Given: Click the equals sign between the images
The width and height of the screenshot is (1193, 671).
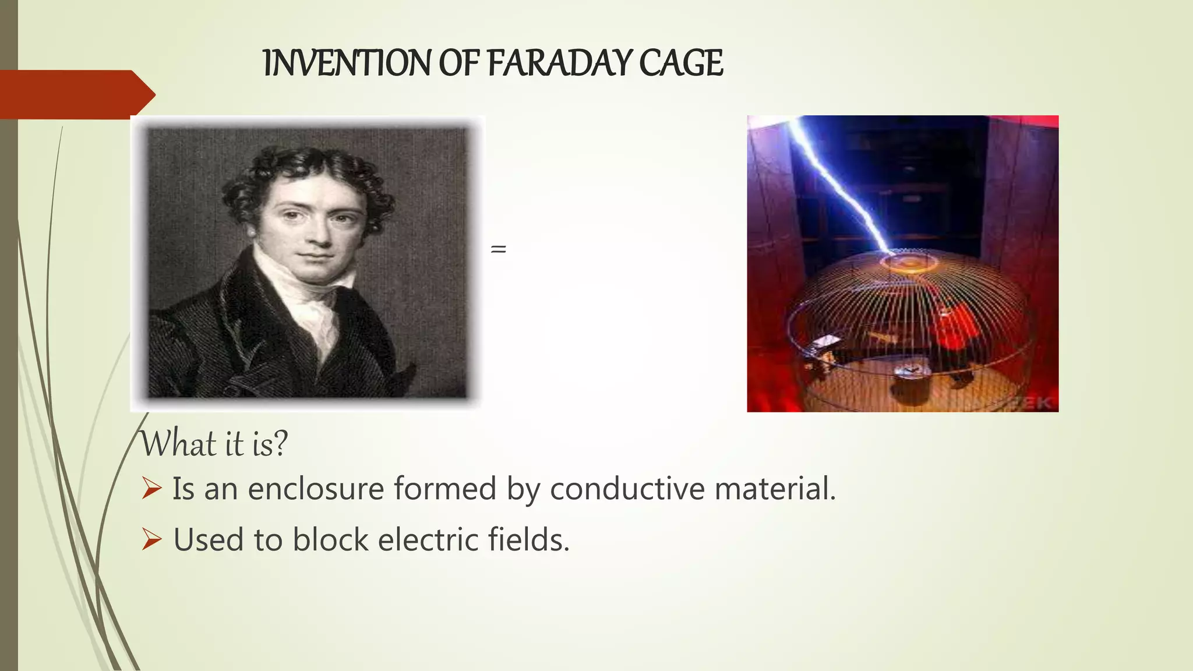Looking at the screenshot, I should [x=499, y=249].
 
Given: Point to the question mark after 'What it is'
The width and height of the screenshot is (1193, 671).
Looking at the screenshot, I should [x=280, y=444].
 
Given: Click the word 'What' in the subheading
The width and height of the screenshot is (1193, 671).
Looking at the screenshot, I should [x=179, y=444].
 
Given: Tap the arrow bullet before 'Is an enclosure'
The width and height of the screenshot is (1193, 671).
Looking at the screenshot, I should [x=151, y=488].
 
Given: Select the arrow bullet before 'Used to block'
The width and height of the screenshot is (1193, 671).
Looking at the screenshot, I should [x=151, y=539].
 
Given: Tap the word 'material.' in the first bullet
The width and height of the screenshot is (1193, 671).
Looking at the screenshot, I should [x=775, y=488].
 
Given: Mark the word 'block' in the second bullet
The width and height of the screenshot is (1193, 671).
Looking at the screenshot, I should [x=330, y=539].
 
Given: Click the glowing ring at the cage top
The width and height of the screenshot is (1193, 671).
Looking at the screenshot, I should [x=909, y=262].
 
